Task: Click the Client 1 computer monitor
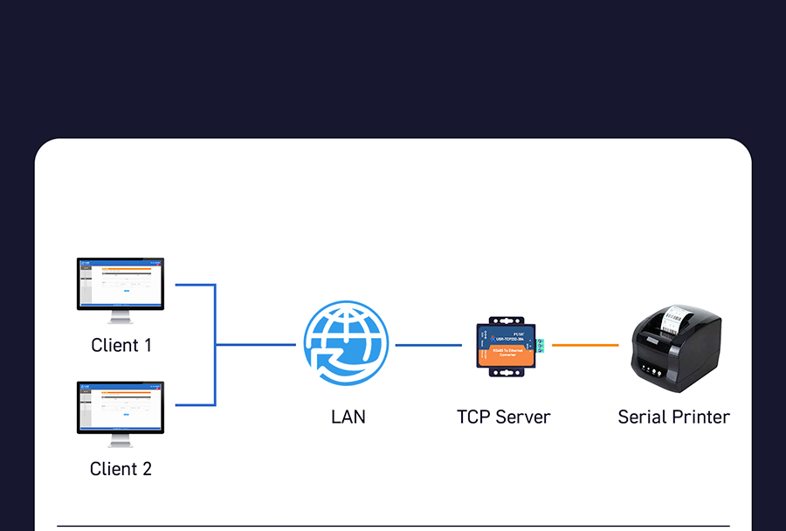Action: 121,284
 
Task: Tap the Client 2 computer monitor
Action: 121,407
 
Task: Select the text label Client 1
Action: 121,345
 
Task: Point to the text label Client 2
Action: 121,469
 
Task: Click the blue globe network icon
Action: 345,343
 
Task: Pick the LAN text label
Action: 348,417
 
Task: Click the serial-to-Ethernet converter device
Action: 506,346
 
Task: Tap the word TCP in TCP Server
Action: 475,417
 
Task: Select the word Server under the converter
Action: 524,417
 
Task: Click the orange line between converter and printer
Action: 585,345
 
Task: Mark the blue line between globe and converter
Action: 428,345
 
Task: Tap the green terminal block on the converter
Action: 541,345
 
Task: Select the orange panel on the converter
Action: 507,354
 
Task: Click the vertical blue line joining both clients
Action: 215,345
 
